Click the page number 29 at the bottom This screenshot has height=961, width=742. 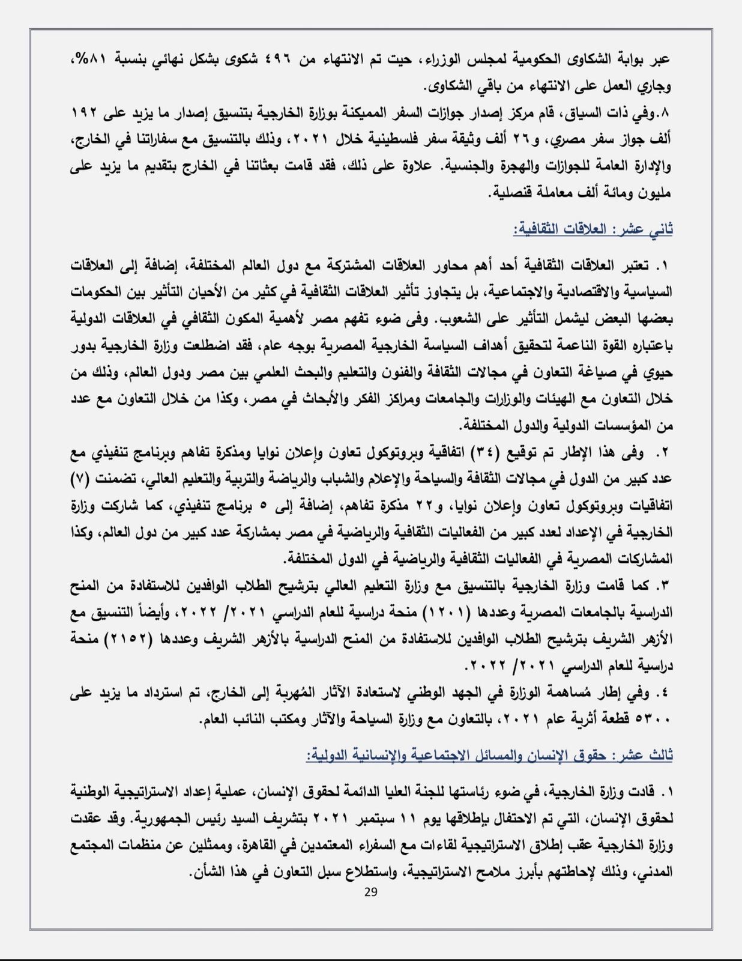pyautogui.click(x=370, y=893)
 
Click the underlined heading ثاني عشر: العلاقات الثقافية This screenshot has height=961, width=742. pyautogui.click(x=593, y=229)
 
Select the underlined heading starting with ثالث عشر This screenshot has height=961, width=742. pyautogui.click(x=489, y=755)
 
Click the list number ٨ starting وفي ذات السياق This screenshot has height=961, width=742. pyautogui.click(x=663, y=113)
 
